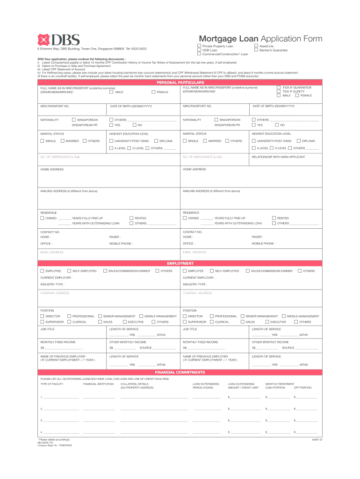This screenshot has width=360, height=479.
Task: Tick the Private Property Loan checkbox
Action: click(199, 46)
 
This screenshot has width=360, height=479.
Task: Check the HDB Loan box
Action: click(199, 50)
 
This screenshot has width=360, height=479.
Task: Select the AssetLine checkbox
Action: click(256, 46)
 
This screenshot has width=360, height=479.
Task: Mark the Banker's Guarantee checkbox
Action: click(256, 50)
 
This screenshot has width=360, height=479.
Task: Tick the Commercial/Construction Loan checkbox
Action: click(199, 54)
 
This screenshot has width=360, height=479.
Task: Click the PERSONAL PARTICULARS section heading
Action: click(180, 82)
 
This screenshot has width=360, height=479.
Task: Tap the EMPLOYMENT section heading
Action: click(180, 264)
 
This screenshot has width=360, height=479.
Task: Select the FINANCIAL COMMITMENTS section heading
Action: click(180, 372)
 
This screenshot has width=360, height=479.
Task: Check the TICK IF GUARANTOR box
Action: click(279, 87)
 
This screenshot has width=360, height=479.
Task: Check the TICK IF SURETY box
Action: click(279, 92)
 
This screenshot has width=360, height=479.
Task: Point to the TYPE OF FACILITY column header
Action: click(52, 384)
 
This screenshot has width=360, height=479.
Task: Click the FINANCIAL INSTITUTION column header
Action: click(98, 384)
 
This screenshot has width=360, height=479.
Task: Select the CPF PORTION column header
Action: click(302, 388)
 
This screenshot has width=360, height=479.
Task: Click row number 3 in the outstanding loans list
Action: click(42, 420)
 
